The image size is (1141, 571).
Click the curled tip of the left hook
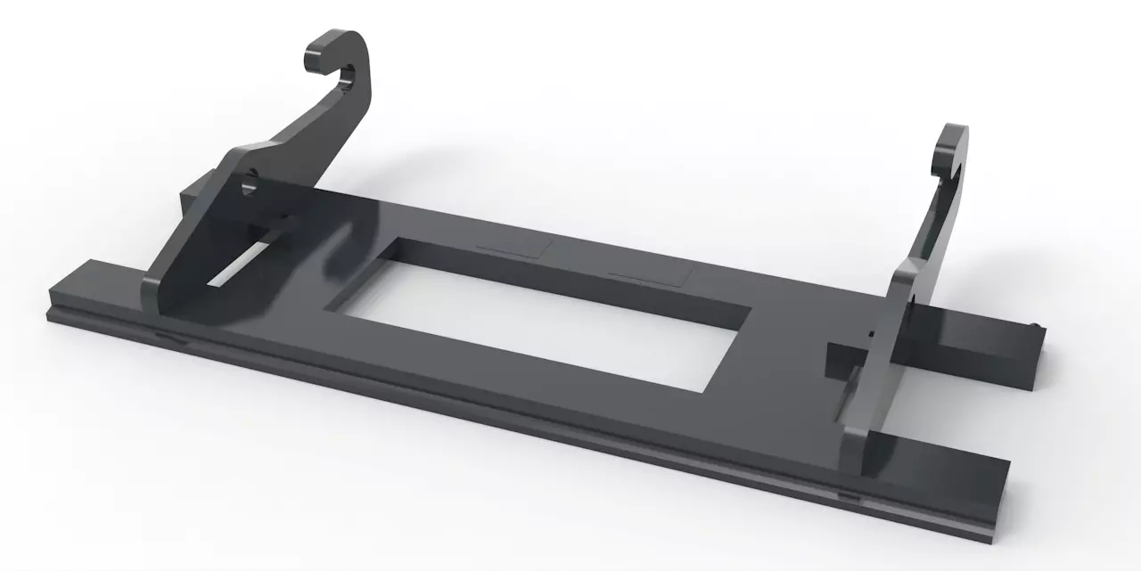point(316,59)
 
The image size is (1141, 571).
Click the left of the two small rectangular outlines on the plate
point(512,249)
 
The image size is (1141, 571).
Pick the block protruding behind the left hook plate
point(193,197)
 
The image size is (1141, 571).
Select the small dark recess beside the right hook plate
point(840,355)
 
